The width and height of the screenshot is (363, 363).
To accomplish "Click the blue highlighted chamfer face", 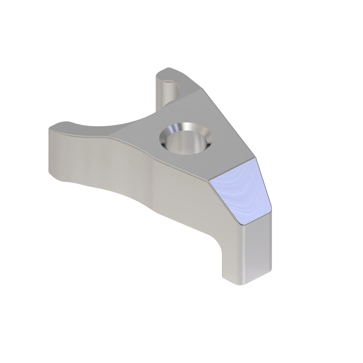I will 240,192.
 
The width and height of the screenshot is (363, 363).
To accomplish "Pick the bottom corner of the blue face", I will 243,225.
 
